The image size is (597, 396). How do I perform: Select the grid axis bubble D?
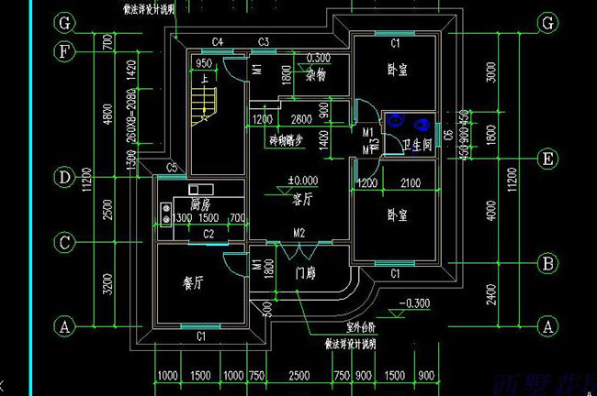click(x=65, y=177)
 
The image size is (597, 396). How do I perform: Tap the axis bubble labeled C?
click(x=65, y=243)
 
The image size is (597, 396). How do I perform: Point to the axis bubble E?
click(x=548, y=159)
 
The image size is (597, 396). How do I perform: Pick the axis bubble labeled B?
click(x=548, y=264)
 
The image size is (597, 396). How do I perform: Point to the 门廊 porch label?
click(x=308, y=273)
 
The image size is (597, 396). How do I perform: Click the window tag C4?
click(x=219, y=41)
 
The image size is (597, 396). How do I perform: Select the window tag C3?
click(x=263, y=41)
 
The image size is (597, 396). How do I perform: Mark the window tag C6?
click(x=448, y=137)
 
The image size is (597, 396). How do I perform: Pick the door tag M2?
click(x=298, y=233)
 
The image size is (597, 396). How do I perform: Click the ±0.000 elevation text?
click(x=302, y=181)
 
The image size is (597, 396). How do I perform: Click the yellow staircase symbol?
click(x=201, y=101)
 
